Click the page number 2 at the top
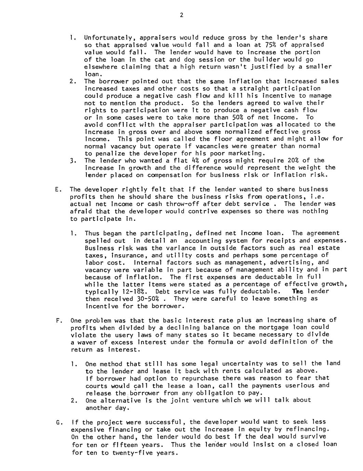pyautogui.click(x=181, y=15)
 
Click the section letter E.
pyautogui.click(x=57, y=189)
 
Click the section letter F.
pyautogui.click(x=57, y=320)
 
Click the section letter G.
pyautogui.click(x=57, y=422)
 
